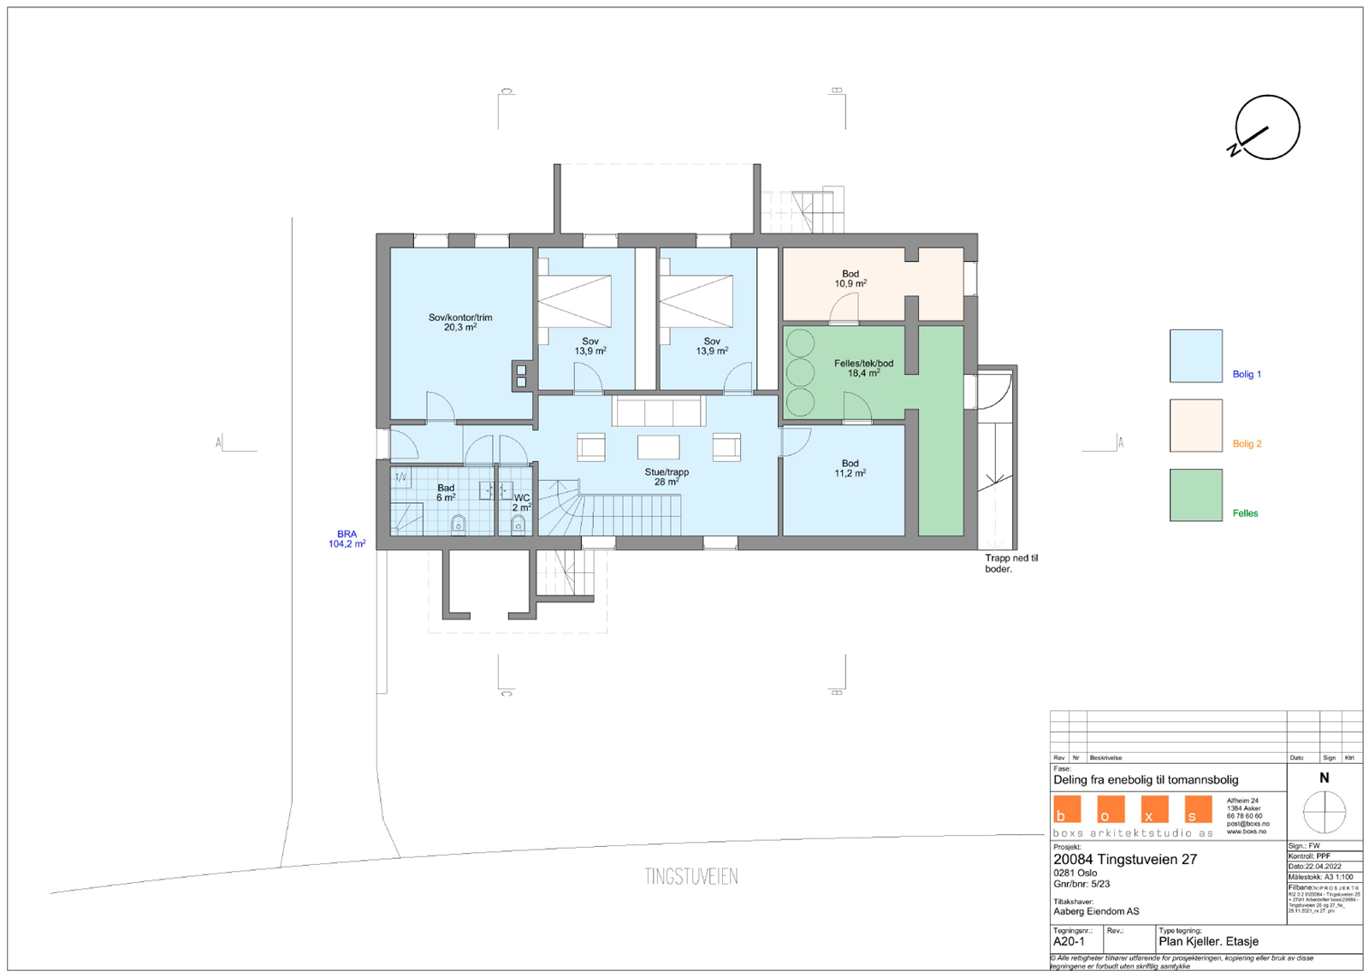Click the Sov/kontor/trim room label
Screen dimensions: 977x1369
point(460,323)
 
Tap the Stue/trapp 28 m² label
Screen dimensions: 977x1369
point(667,477)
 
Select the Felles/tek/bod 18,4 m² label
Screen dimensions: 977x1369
point(863,368)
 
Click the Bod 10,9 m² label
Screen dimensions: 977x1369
point(850,279)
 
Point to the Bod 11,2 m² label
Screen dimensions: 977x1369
point(850,468)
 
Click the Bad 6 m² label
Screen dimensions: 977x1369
point(446,493)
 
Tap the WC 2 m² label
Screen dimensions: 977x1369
point(521,502)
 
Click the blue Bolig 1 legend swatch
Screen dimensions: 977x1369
point(1195,356)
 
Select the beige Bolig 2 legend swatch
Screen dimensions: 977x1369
point(1195,425)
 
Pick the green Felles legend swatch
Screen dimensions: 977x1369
point(1195,494)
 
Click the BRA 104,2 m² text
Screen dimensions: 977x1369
point(347,539)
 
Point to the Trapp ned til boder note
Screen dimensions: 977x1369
point(1010,563)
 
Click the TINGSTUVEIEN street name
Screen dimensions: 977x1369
point(691,877)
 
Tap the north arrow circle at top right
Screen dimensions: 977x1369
point(1267,128)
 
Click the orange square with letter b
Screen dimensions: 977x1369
point(1067,809)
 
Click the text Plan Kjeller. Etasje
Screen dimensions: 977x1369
point(1208,941)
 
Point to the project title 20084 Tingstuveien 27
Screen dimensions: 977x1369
point(1124,859)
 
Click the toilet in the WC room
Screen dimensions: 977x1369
point(518,524)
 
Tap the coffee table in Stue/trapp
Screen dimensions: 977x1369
point(658,447)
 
